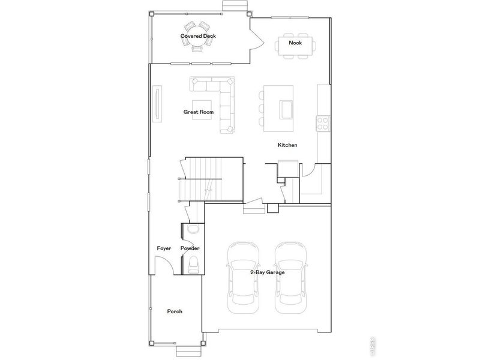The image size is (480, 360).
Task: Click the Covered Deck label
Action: click(198, 37)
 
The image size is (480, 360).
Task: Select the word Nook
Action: click(295, 43)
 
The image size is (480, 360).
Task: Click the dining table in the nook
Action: click(295, 45)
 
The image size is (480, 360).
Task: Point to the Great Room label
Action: click(198, 112)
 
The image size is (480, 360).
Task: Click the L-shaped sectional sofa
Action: click(226, 102)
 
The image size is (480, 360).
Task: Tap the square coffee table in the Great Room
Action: click(202, 109)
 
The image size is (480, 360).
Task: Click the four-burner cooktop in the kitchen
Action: click(323, 123)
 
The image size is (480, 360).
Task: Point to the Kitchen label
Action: click(287, 146)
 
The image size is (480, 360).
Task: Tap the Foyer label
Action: click(164, 248)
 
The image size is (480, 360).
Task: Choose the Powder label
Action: click(190, 248)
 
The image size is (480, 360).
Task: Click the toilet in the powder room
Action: click(193, 263)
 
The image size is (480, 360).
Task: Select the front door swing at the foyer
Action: click(162, 264)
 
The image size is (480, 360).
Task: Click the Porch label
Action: click(175, 311)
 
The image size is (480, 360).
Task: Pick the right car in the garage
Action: click(291, 277)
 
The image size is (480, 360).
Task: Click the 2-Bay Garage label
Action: click(267, 272)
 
